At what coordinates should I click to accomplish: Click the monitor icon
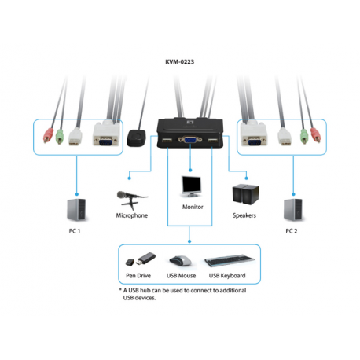point(192,186)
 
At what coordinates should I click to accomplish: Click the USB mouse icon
point(180,260)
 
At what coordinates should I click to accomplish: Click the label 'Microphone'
point(131,215)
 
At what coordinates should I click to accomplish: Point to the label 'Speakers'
point(244,215)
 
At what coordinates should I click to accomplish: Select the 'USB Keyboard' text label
point(227,276)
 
